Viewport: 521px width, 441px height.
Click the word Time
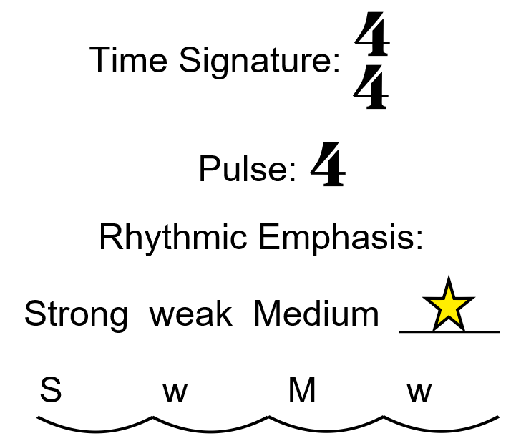tap(130, 60)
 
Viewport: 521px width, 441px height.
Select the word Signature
tap(258, 62)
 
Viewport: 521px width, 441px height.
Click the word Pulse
tap(248, 170)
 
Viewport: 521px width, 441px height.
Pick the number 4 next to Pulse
tap(328, 165)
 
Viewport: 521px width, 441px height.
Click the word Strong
tap(77, 314)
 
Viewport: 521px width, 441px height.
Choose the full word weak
tap(191, 314)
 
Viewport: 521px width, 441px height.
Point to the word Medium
tap(316, 314)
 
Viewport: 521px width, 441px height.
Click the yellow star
tap(449, 306)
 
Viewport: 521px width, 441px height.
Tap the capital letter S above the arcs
tap(51, 392)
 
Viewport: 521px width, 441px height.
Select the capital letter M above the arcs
tap(302, 392)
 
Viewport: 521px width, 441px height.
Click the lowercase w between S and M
tap(175, 392)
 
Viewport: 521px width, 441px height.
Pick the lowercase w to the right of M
tap(420, 392)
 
